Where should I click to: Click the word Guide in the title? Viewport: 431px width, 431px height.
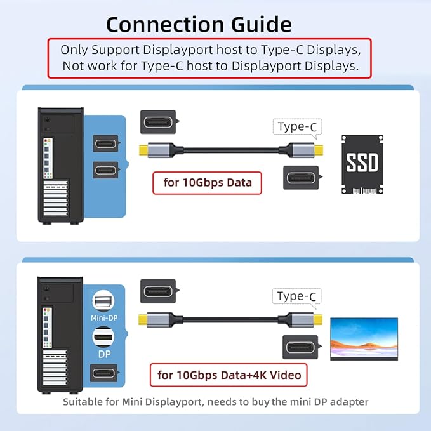(262, 25)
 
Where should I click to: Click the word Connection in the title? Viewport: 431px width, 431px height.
(165, 25)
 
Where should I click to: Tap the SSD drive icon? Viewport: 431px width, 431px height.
(362, 164)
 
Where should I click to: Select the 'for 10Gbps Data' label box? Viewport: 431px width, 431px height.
(207, 183)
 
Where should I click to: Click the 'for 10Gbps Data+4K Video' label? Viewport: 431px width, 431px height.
(229, 375)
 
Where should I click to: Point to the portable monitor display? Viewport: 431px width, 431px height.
(364, 339)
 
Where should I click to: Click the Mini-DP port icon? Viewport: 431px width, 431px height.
(103, 302)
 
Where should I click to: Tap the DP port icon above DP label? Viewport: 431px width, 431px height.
(103, 337)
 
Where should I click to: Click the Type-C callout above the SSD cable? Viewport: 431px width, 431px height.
(298, 127)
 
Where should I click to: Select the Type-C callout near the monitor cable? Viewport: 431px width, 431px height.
(296, 296)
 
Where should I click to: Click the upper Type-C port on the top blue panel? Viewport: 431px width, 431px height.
(106, 143)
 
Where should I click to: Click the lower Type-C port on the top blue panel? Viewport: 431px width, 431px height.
(106, 170)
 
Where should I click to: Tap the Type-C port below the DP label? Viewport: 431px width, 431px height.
(104, 373)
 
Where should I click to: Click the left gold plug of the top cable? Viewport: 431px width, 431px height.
(143, 150)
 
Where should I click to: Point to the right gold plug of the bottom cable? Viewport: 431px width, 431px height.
(318, 319)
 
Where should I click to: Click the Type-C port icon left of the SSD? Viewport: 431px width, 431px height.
(302, 178)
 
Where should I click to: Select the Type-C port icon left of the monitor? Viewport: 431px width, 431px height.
(302, 347)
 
